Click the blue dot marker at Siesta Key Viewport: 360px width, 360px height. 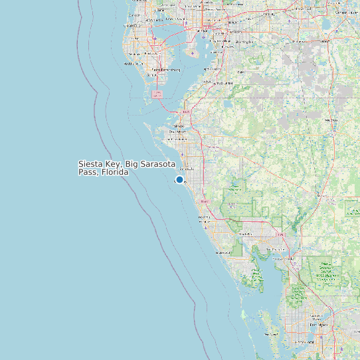(x=179, y=179)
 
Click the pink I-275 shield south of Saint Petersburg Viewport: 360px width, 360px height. (x=157, y=94)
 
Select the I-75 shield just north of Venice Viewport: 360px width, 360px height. (x=203, y=201)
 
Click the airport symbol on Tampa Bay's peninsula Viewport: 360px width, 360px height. (x=193, y=52)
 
